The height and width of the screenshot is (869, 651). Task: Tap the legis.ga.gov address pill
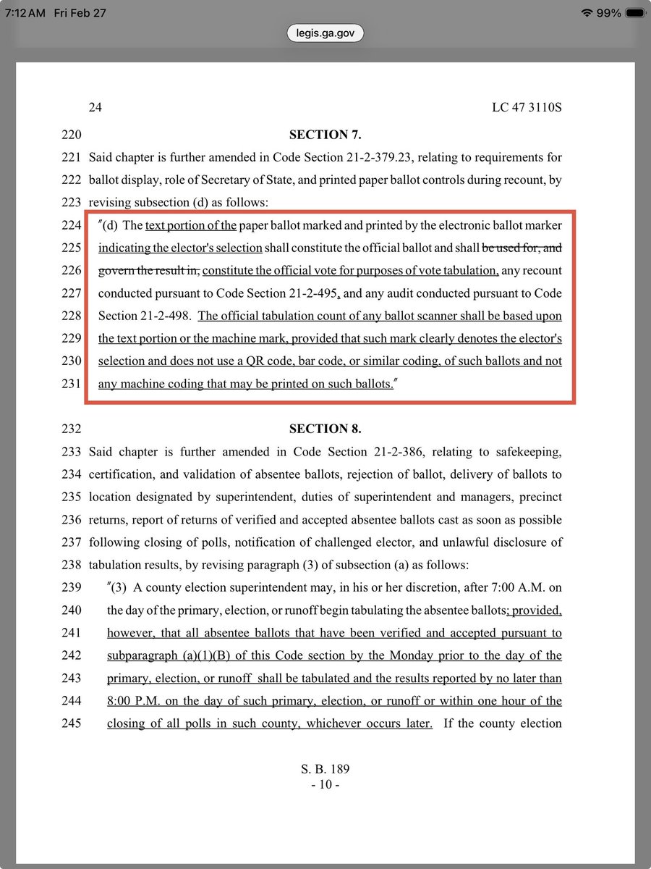pyautogui.click(x=325, y=33)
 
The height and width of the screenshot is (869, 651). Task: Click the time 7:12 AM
pyautogui.click(x=25, y=12)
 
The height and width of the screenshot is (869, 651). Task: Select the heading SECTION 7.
pyautogui.click(x=325, y=135)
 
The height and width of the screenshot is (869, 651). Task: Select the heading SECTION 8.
pyautogui.click(x=325, y=429)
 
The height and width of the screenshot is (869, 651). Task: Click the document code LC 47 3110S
pyautogui.click(x=527, y=108)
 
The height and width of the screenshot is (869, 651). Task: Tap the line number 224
pyautogui.click(x=72, y=225)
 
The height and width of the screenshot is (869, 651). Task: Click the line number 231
pyautogui.click(x=72, y=384)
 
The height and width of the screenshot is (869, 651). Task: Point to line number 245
pyautogui.click(x=72, y=723)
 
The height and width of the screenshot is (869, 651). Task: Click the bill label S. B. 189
pyautogui.click(x=325, y=769)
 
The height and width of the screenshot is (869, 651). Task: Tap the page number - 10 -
pyautogui.click(x=325, y=784)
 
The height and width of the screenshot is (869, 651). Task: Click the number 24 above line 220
pyautogui.click(x=95, y=108)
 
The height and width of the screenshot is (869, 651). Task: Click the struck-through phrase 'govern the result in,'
pyautogui.click(x=150, y=271)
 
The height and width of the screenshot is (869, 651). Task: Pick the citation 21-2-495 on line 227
pyautogui.click(x=305, y=293)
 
